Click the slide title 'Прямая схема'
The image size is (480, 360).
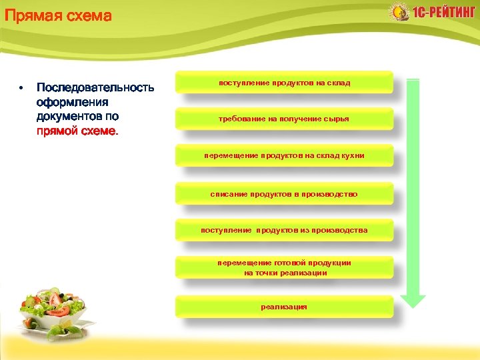coord(57,15)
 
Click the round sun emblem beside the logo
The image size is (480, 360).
coord(399,13)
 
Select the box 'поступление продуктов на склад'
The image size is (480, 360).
coord(284,83)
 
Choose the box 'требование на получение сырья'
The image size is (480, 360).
coord(284,119)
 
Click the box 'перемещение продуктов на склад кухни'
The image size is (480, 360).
coord(284,155)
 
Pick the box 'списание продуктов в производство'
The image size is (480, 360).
coord(284,194)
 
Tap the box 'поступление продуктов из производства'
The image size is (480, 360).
coord(284,230)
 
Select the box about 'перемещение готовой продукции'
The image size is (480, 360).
coord(284,267)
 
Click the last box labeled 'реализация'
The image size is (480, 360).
coord(284,307)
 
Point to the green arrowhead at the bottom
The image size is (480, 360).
coord(413,300)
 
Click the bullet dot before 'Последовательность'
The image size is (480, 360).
coord(21,88)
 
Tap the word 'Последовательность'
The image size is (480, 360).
coord(95,88)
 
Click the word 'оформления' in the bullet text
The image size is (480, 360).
coord(73,102)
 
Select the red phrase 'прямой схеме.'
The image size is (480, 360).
coord(77,131)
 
